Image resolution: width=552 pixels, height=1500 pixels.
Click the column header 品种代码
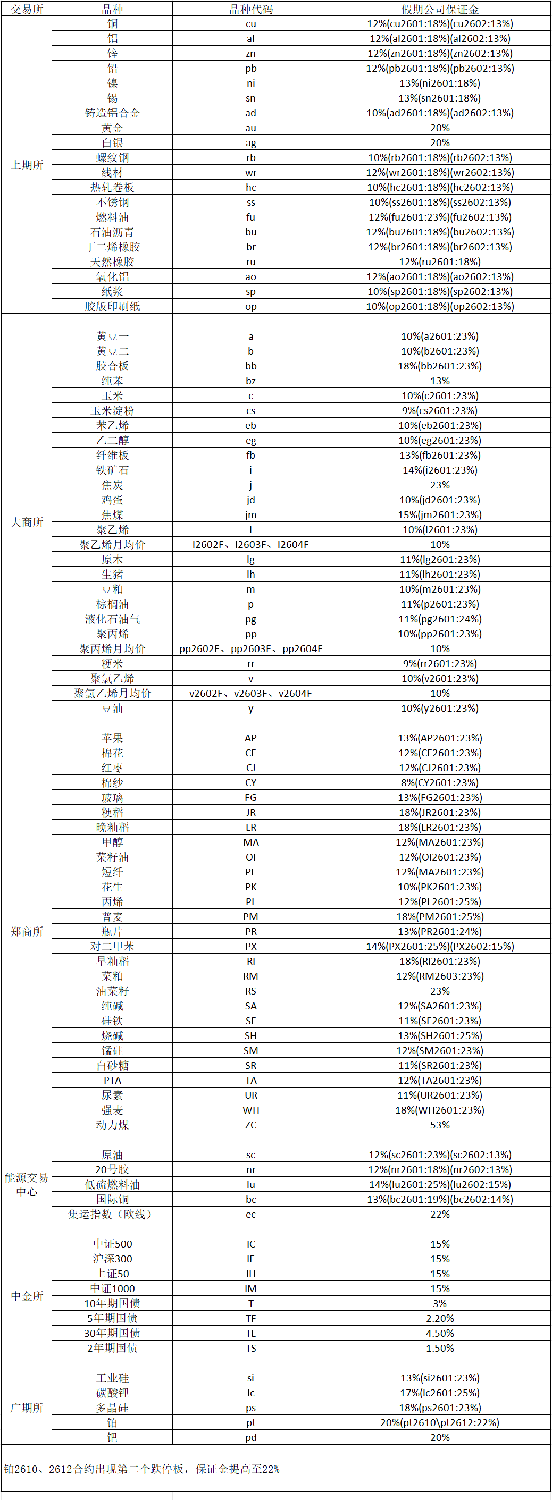(x=250, y=9)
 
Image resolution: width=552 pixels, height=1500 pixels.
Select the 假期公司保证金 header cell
(x=440, y=9)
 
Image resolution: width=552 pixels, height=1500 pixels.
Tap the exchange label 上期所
(x=27, y=165)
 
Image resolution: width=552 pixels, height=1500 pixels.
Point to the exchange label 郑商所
(x=27, y=931)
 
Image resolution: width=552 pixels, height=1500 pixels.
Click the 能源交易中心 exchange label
(x=27, y=1184)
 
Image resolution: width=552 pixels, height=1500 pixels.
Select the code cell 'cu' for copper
(x=250, y=24)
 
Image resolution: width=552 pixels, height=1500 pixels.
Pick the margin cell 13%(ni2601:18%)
(x=440, y=83)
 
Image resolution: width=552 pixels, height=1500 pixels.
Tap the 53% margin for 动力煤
(x=440, y=1125)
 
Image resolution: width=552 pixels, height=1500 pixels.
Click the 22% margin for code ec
(x=440, y=1214)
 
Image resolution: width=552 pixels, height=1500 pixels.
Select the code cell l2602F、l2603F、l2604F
(x=250, y=544)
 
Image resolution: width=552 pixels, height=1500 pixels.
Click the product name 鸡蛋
(x=112, y=500)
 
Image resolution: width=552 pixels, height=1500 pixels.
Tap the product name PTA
(x=112, y=1080)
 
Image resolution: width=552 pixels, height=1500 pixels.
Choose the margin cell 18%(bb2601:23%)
(x=440, y=366)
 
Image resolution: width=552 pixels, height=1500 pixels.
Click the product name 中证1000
(x=112, y=1288)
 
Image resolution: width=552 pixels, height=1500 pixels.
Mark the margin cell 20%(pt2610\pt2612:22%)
(x=440, y=1422)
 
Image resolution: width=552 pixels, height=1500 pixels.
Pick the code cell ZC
(x=250, y=1125)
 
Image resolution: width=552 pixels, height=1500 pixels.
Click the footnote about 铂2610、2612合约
(x=141, y=1469)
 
